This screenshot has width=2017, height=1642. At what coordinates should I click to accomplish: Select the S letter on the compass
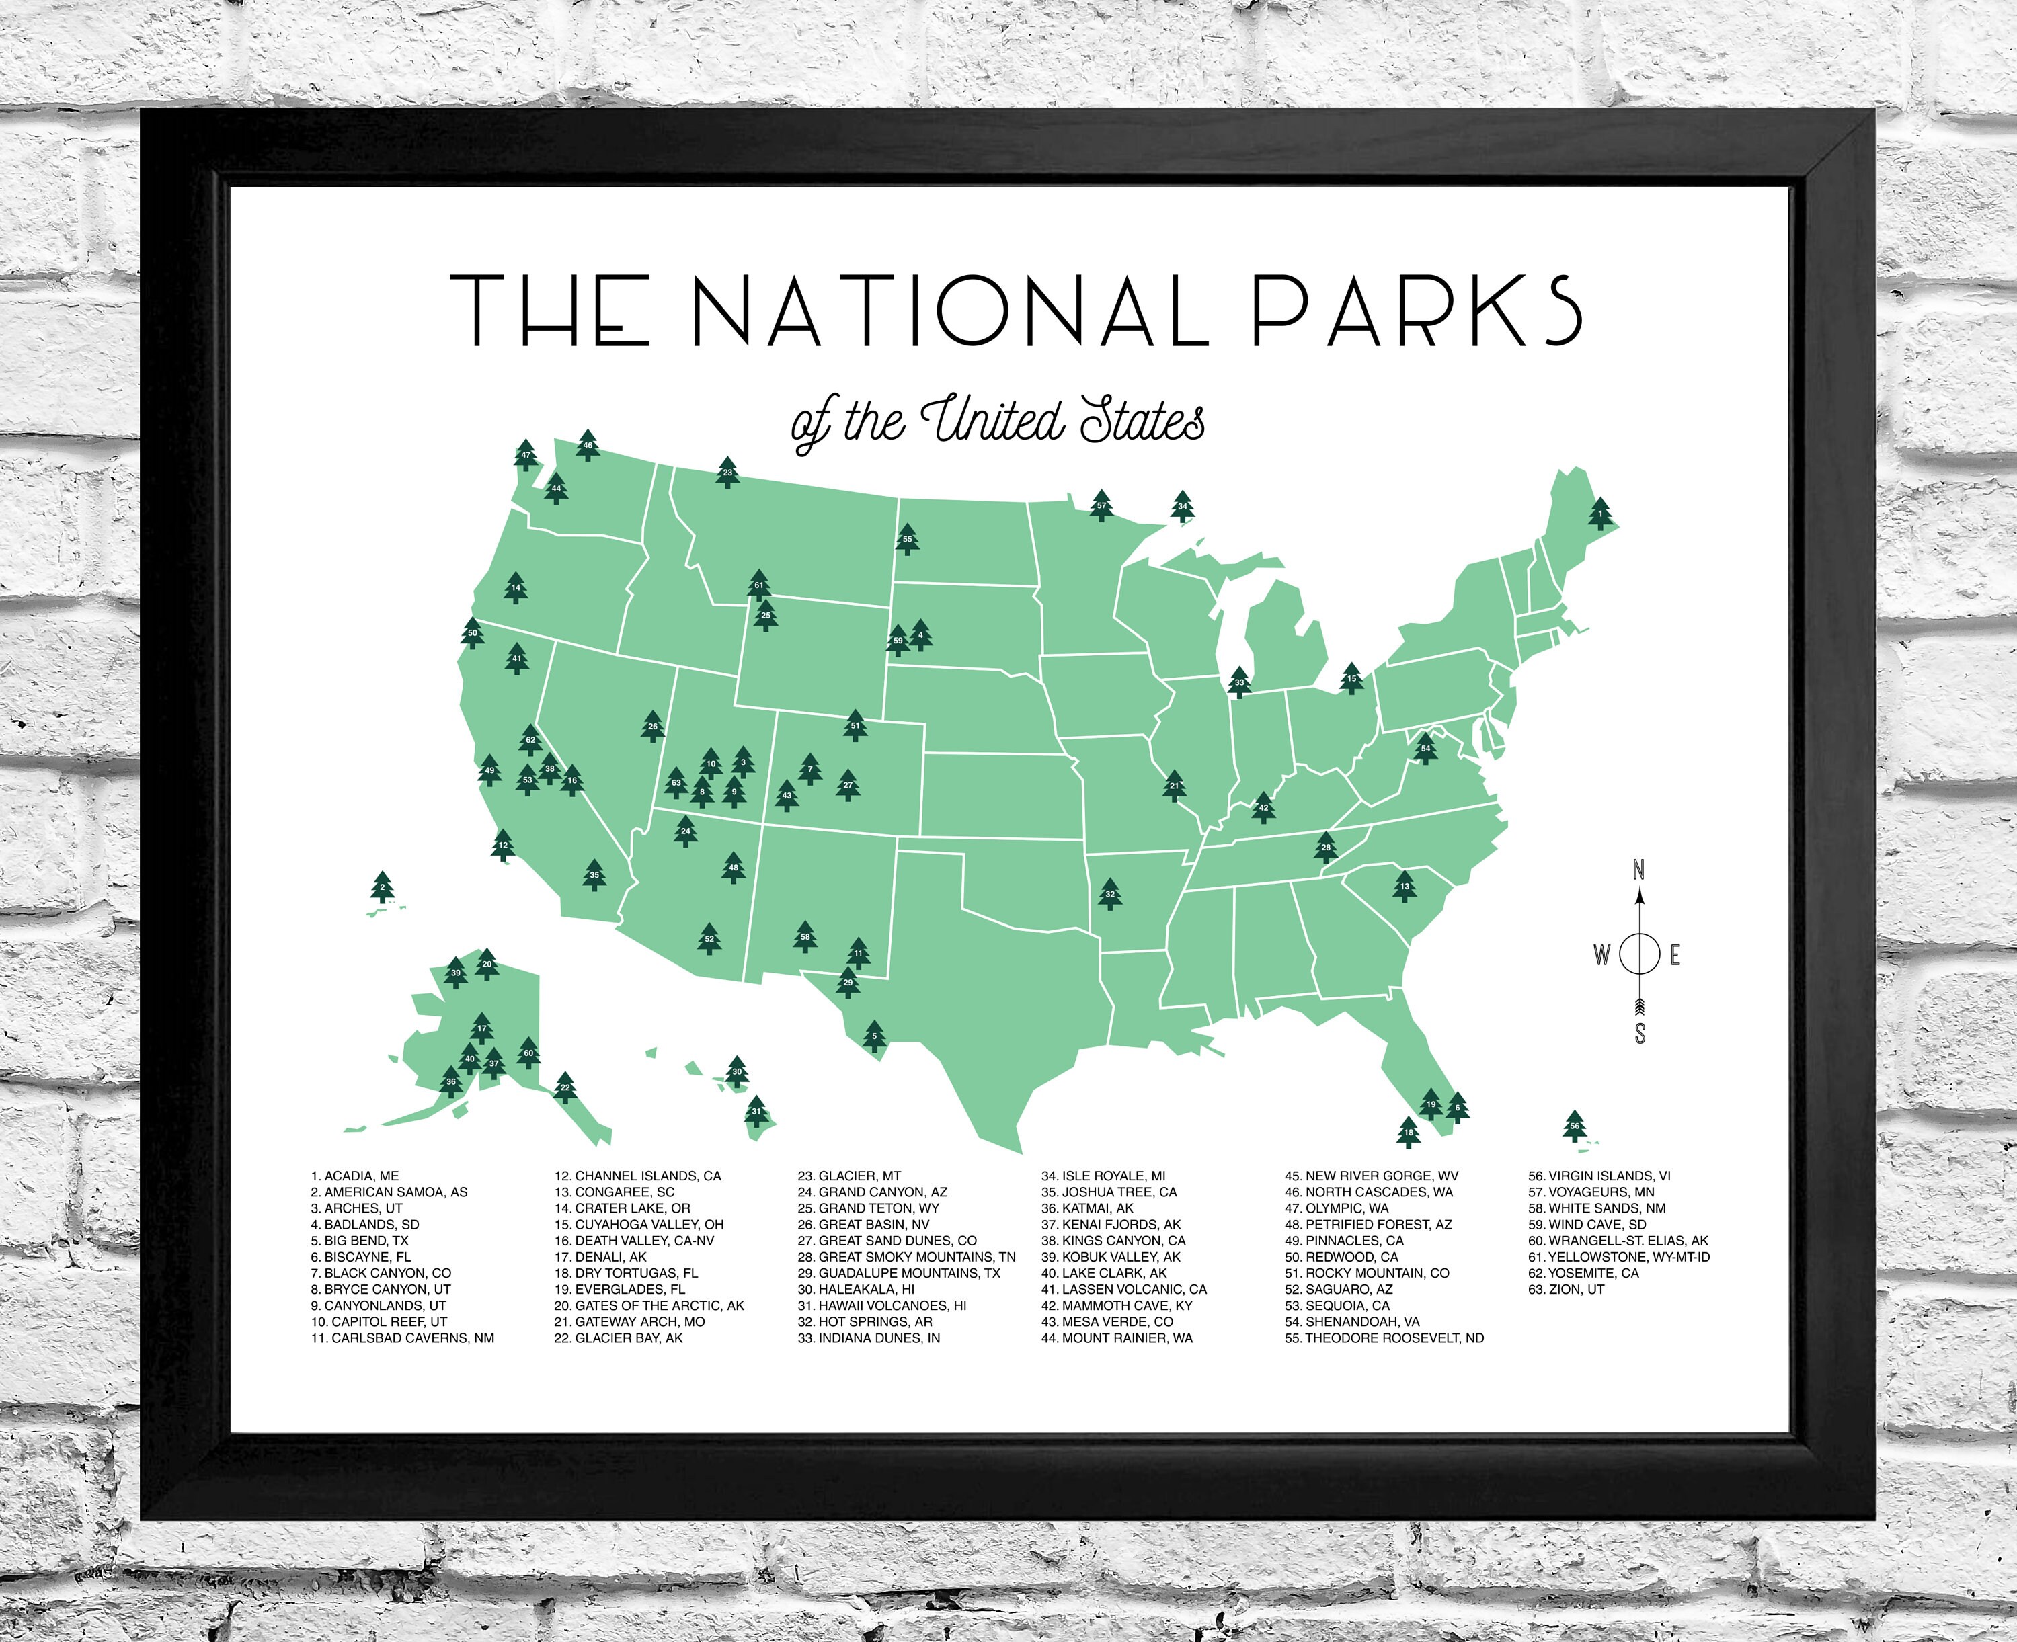click(x=1640, y=1034)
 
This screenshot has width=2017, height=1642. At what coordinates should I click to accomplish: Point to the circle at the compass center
click(x=1640, y=954)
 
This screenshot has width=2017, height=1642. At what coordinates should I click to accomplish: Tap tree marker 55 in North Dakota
click(x=907, y=539)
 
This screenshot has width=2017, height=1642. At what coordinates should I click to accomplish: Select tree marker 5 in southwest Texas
click(x=874, y=1036)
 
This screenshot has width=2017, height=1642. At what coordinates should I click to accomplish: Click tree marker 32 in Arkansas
click(x=1110, y=894)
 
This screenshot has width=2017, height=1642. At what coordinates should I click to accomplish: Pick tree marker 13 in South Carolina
click(x=1405, y=887)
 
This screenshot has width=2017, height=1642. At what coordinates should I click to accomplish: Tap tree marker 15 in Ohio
click(x=1352, y=678)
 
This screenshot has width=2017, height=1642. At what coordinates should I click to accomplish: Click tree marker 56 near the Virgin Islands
click(x=1574, y=1126)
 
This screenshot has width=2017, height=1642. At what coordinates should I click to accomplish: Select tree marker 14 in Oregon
click(x=516, y=587)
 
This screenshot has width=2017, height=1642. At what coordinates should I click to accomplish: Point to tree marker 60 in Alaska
click(x=529, y=1053)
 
